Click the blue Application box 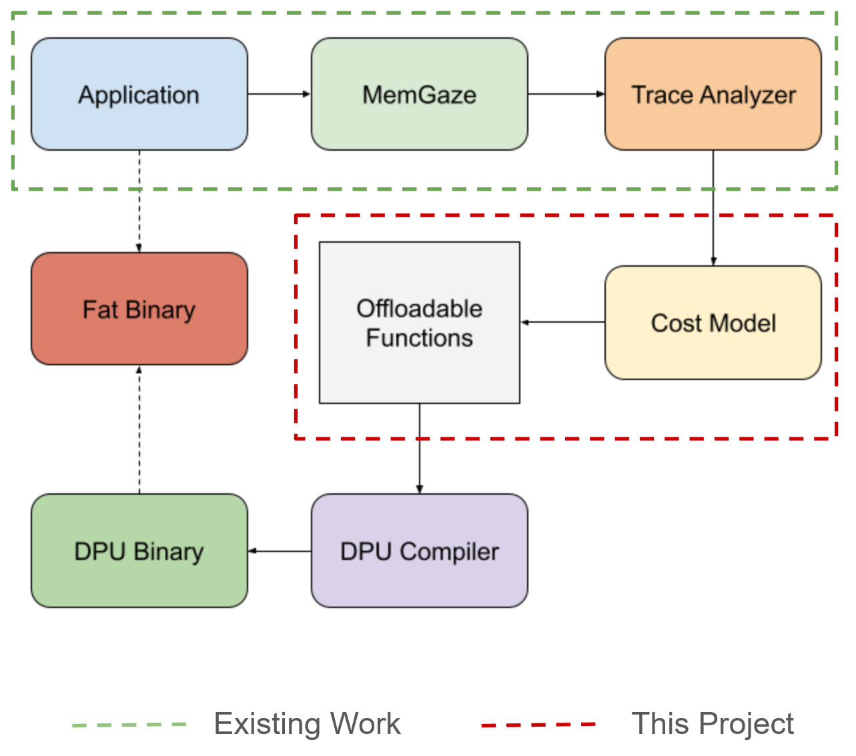pyautogui.click(x=139, y=94)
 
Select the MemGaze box pyautogui.click(x=419, y=94)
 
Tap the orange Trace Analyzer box pyautogui.click(x=713, y=94)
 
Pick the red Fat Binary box pyautogui.click(x=139, y=309)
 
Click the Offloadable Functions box pyautogui.click(x=419, y=323)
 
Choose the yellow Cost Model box pyautogui.click(x=713, y=323)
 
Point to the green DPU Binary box pyautogui.click(x=139, y=551)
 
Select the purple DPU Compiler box pyautogui.click(x=419, y=551)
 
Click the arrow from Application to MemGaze pyautogui.click(x=280, y=94)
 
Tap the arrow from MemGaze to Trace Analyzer pyautogui.click(x=566, y=94)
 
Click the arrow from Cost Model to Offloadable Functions pyautogui.click(x=562, y=323)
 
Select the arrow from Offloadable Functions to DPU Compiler pyautogui.click(x=420, y=449)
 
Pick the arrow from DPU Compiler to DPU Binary pyautogui.click(x=280, y=551)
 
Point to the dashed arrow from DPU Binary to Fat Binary pyautogui.click(x=139, y=429)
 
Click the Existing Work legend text pyautogui.click(x=307, y=724)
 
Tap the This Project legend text pyautogui.click(x=713, y=724)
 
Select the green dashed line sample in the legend pyautogui.click(x=129, y=725)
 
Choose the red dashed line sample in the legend pyautogui.click(x=538, y=725)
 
